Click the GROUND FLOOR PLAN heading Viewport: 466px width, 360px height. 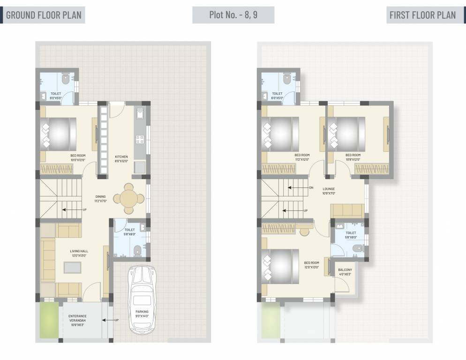point(44,15)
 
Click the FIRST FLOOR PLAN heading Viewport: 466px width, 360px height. point(422,15)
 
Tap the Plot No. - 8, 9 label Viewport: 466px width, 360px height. point(233,15)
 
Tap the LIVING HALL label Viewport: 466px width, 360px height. point(79,251)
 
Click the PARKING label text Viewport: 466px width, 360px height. point(142,311)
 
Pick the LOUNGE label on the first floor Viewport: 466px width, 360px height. point(328,189)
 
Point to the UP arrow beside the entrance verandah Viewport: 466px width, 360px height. point(109,320)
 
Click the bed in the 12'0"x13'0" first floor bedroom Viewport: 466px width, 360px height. point(282,266)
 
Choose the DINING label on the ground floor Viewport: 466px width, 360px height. point(100,197)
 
